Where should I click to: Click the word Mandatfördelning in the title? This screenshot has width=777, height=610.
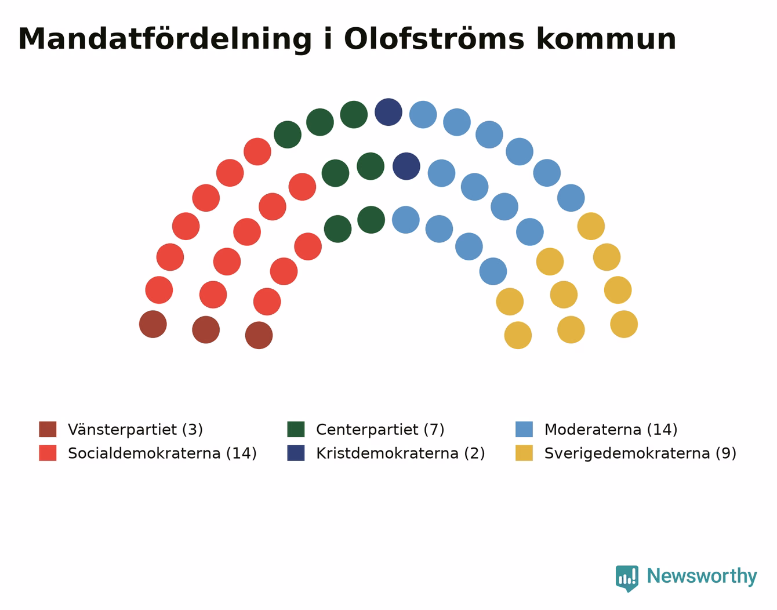(165, 40)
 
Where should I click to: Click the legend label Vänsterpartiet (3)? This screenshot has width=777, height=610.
(136, 430)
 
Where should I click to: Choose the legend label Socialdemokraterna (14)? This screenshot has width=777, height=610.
(162, 453)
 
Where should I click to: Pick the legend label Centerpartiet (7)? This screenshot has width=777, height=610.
(380, 430)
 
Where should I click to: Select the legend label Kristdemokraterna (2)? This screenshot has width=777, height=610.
(401, 453)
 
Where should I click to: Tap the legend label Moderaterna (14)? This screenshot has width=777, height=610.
(611, 430)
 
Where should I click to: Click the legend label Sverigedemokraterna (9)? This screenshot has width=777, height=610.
(640, 453)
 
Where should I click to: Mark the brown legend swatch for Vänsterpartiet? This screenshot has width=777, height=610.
(48, 430)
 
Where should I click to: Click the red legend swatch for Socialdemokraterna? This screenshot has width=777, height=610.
(48, 453)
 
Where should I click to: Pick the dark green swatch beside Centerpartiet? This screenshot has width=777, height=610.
(296, 430)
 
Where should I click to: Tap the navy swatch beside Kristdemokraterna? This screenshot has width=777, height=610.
(296, 453)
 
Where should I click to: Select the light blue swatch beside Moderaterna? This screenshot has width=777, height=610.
(524, 430)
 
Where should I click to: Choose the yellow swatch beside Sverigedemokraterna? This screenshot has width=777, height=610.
(524, 453)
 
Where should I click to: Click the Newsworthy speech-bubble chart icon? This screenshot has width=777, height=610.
(627, 579)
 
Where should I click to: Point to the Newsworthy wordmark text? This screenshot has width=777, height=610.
(702, 576)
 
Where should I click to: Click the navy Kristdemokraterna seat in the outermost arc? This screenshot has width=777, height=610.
(388, 112)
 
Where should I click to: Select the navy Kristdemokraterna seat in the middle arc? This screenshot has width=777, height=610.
(406, 166)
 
